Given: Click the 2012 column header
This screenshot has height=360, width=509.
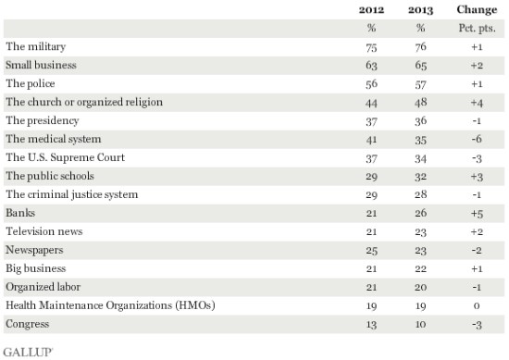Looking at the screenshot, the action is tap(371, 10).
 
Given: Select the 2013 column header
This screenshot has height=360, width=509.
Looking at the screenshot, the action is tap(421, 10).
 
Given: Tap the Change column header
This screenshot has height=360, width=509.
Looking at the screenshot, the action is tap(477, 9).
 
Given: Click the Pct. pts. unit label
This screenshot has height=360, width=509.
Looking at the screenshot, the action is tap(477, 29).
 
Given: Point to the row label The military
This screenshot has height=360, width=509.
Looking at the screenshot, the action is tap(36, 46).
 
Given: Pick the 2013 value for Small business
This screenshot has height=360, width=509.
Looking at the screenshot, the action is tap(421, 66).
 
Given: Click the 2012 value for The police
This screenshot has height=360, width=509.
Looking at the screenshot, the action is tap(371, 83).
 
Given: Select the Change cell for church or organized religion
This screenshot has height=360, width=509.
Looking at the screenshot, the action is tap(477, 103).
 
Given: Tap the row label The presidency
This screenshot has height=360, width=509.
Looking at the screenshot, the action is tap(43, 120).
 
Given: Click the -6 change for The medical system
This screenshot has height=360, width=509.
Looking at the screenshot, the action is tap(477, 139).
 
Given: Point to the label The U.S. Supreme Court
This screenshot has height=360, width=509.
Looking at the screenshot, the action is tap(66, 157).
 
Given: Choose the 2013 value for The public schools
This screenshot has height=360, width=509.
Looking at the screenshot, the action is tap(421, 176).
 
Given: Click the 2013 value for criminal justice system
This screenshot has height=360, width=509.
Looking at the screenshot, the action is tap(421, 194).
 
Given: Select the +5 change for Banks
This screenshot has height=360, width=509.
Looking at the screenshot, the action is tap(477, 214).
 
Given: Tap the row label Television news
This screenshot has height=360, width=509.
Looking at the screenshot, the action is tap(44, 231).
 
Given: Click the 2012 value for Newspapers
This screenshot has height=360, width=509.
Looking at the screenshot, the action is tap(371, 250).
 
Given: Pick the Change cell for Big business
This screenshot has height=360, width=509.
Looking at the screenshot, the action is tap(477, 268).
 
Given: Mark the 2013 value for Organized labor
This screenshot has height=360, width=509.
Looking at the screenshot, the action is tap(421, 287).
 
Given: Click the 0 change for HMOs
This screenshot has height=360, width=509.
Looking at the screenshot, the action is tap(477, 305).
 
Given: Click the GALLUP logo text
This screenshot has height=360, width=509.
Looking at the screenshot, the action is tap(28, 353).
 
